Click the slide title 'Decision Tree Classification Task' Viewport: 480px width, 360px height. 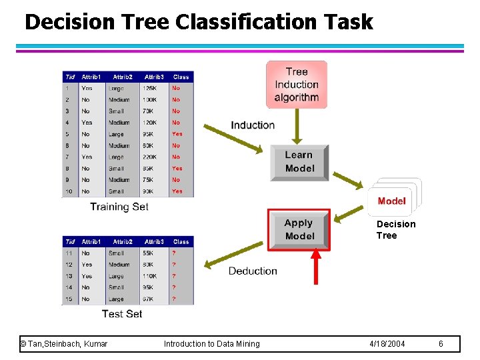[x=199, y=22]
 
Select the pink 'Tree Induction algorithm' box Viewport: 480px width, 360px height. [x=297, y=85]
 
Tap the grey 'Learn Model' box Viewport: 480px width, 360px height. [x=299, y=162]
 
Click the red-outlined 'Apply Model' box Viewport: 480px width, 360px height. [x=299, y=230]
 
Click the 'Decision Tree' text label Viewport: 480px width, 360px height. [x=395, y=229]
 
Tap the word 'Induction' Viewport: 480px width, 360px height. [x=253, y=125]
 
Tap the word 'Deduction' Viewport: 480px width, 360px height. [x=253, y=271]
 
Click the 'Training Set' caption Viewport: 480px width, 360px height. [x=119, y=207]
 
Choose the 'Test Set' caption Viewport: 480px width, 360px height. [x=122, y=313]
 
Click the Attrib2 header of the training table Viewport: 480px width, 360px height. [x=122, y=77]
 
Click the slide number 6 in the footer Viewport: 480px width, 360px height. [x=441, y=343]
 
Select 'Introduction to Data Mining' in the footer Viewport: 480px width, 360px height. [x=212, y=343]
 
